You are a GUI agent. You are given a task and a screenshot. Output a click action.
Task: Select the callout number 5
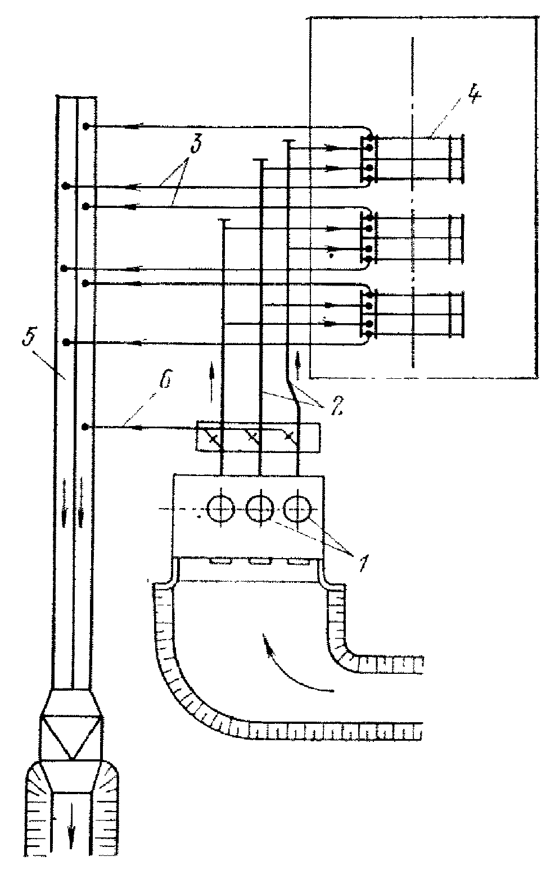pyautogui.click(x=29, y=337)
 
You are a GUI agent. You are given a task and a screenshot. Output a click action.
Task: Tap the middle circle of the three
pyautogui.click(x=260, y=509)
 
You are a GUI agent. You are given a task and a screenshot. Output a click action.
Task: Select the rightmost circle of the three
pyautogui.click(x=298, y=509)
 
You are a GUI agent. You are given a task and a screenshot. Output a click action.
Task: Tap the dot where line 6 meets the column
pyautogui.click(x=86, y=427)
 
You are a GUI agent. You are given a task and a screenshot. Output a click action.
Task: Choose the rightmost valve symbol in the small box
pyautogui.click(x=291, y=437)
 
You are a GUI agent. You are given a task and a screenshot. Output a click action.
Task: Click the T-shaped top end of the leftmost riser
pyautogui.click(x=223, y=220)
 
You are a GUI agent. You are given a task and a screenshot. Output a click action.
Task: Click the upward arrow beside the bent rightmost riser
pyautogui.click(x=298, y=365)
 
